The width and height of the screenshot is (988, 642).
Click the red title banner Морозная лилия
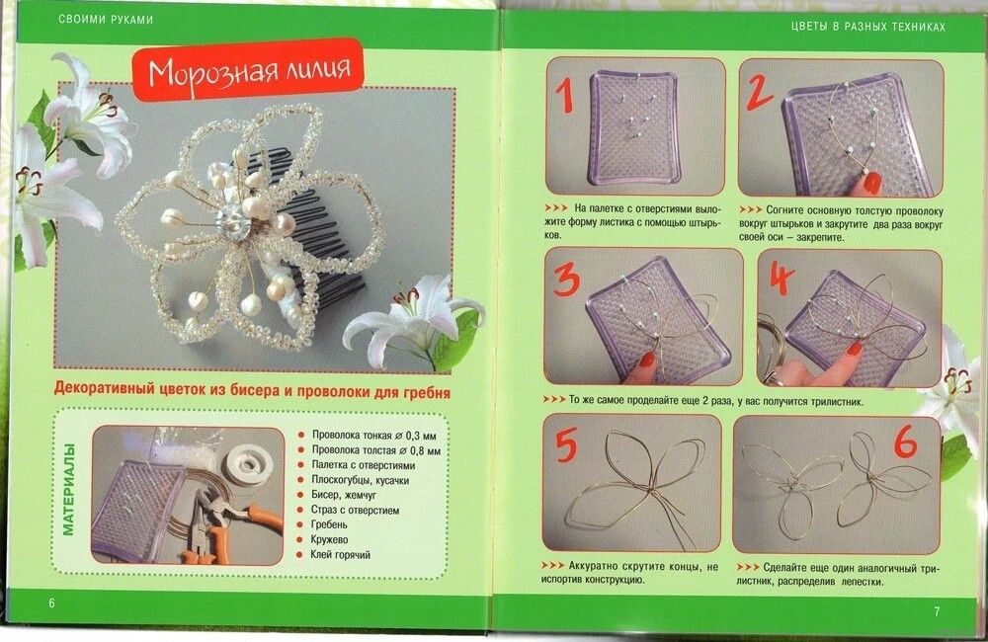coord(248,69)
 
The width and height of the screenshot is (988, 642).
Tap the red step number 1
coord(564,95)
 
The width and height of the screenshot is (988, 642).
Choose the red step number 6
coord(905,441)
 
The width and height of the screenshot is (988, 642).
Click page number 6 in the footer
coord(51,602)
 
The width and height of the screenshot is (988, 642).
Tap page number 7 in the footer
coord(937,610)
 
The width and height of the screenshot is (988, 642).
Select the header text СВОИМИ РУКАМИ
coord(106,20)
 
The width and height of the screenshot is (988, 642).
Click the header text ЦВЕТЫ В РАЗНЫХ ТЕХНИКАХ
coord(868,27)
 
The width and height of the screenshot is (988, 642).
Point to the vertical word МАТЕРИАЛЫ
coord(69,490)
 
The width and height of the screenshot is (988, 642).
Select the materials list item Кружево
coord(329,539)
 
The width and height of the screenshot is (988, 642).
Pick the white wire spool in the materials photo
coord(248,464)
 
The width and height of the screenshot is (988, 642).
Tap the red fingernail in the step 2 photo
coord(872,184)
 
